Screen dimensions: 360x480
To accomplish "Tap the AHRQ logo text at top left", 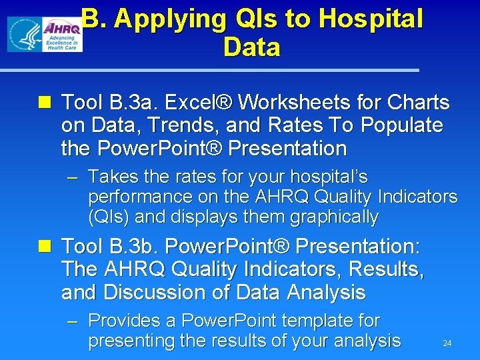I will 61,28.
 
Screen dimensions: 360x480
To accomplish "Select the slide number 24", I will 447,343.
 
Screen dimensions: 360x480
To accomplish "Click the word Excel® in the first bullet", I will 197,103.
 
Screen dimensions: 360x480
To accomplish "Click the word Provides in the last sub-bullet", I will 124,321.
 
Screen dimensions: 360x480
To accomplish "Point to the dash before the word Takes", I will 73,178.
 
